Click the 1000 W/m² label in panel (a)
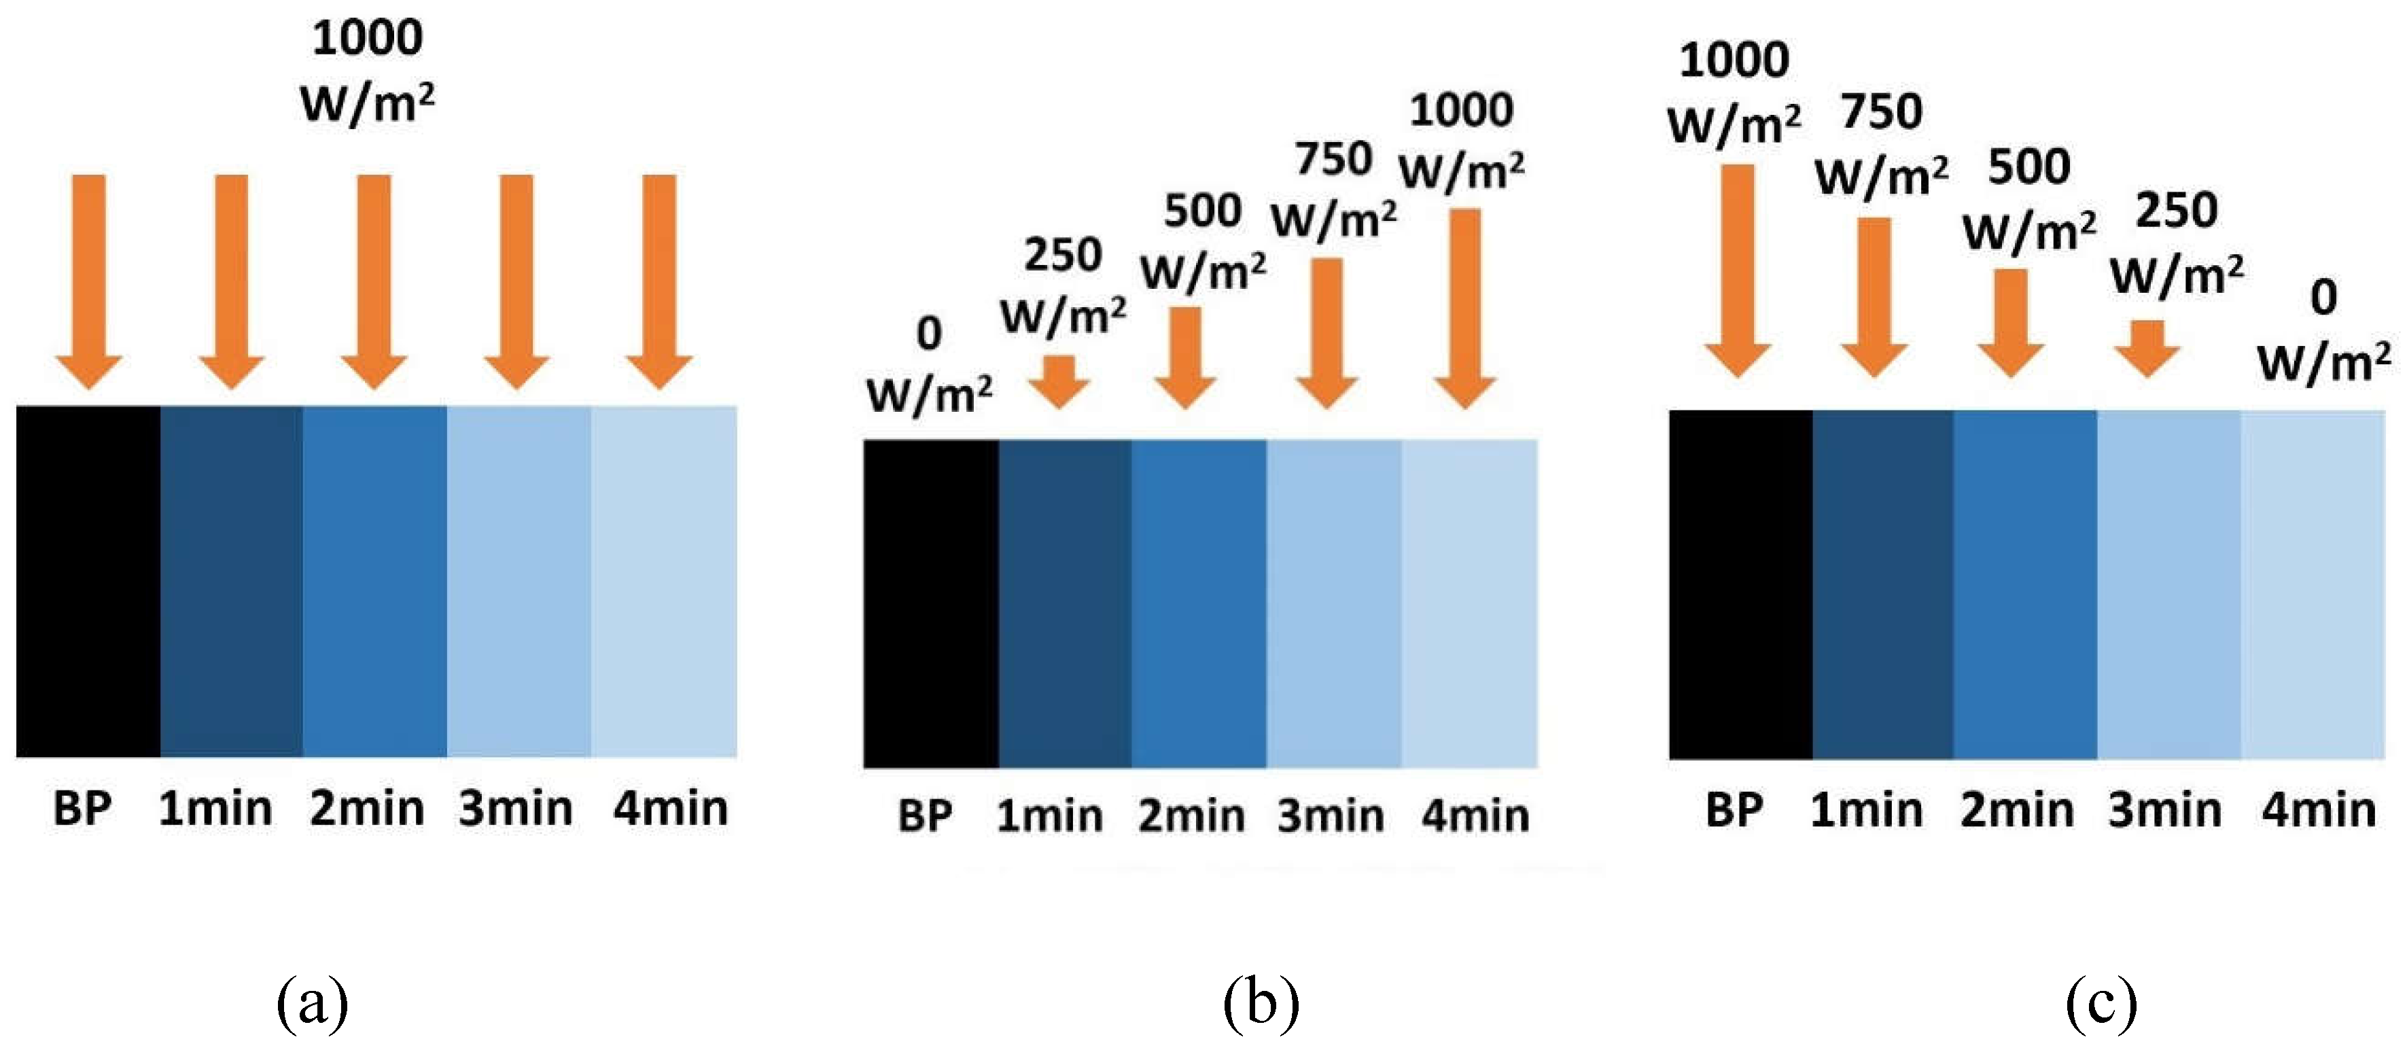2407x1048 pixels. click(x=367, y=70)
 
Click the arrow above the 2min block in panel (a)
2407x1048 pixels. click(x=374, y=281)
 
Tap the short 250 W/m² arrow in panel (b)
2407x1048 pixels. click(x=1059, y=381)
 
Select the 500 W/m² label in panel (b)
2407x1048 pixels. click(x=1203, y=241)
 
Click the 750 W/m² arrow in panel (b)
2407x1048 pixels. click(x=1327, y=332)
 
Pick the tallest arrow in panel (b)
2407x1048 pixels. click(x=1465, y=309)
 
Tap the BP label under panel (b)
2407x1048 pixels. click(x=925, y=816)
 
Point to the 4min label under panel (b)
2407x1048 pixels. click(x=1475, y=816)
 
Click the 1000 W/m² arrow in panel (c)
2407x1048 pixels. click(x=1737, y=271)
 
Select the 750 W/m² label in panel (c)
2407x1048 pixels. click(x=1882, y=143)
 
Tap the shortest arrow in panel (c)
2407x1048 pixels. click(x=2147, y=348)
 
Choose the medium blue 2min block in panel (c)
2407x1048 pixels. click(x=2025, y=584)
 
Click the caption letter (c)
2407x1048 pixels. click(x=2101, y=1003)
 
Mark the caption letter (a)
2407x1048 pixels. click(x=312, y=1003)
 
